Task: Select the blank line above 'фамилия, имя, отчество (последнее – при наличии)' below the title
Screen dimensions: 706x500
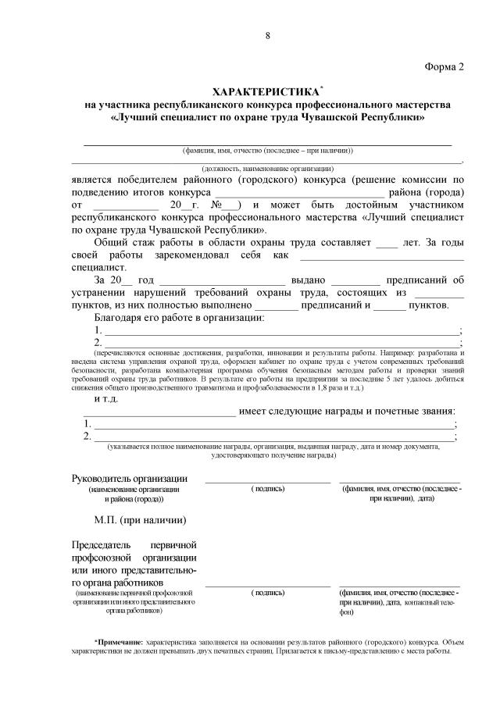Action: tap(267, 144)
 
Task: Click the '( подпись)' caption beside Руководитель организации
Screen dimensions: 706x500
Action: tap(268, 489)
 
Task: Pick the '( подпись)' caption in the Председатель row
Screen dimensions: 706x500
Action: tap(268, 593)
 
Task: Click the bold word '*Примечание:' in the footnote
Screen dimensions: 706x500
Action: tap(120, 640)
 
